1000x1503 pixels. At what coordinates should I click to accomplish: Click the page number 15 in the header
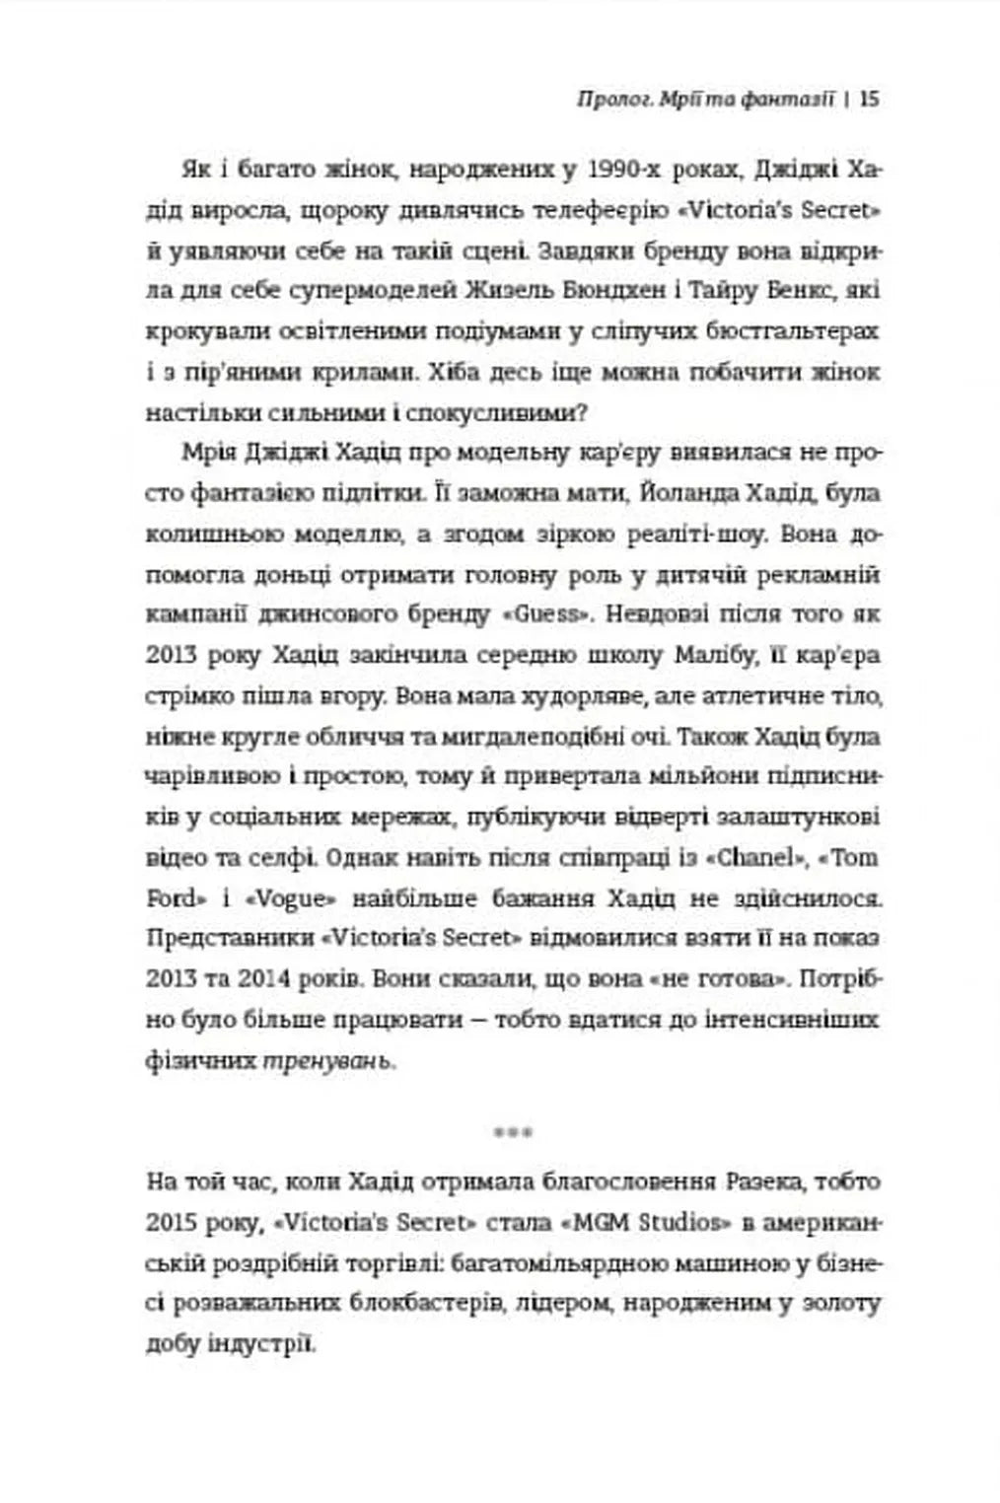869,99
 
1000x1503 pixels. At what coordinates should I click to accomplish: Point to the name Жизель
508,291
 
